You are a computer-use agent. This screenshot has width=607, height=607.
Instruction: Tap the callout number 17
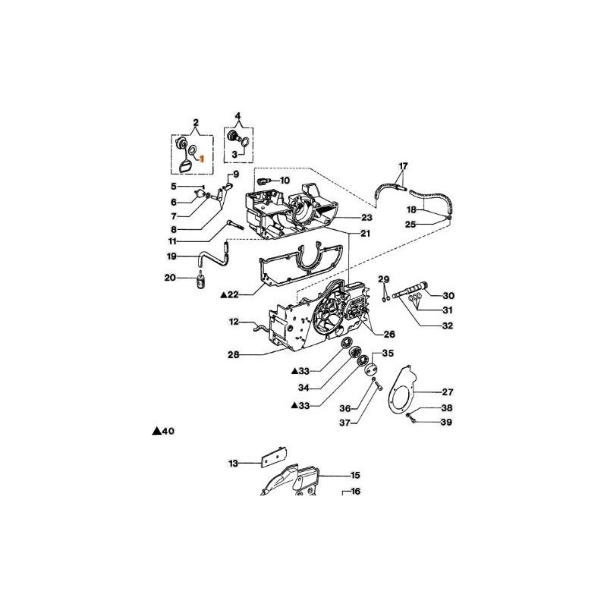tap(404, 165)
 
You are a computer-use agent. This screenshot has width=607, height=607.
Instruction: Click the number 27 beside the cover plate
tap(447, 392)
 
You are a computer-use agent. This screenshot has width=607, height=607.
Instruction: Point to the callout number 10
tap(285, 181)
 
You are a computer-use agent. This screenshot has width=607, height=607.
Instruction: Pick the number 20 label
tap(171, 278)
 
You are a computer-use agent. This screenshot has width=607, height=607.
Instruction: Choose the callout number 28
tap(234, 354)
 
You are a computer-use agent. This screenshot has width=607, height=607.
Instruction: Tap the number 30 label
tap(448, 296)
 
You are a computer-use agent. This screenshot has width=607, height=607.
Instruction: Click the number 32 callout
tap(448, 326)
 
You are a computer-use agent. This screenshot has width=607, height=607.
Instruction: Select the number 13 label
tap(234, 462)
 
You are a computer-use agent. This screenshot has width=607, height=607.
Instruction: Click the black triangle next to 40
tap(156, 431)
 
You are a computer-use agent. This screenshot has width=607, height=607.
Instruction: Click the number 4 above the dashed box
tap(237, 116)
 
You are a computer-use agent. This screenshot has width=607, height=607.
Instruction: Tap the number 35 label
tap(388, 353)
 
